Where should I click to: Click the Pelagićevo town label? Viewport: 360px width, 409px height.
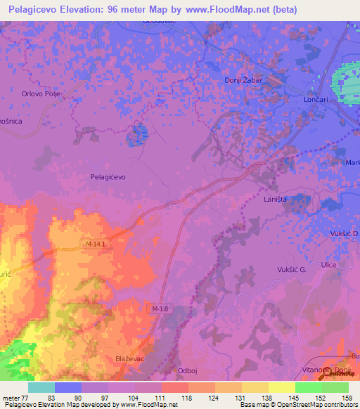point(108,177)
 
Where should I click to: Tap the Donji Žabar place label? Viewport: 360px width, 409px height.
point(243,80)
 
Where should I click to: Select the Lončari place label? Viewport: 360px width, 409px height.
point(316,100)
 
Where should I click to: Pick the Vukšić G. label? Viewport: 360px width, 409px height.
point(292,269)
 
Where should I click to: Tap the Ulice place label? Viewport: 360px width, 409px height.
point(328,264)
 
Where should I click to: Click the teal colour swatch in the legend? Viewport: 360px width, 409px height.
point(41,387)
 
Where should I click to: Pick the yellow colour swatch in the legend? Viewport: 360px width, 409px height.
point(281,387)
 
